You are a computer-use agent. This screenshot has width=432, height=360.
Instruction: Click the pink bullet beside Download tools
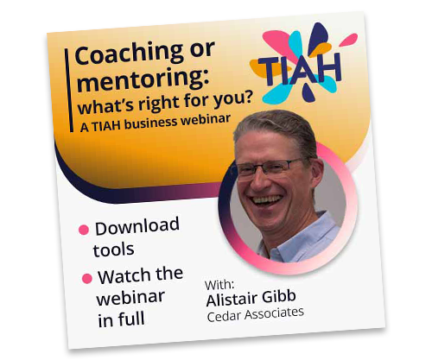tap(84, 231)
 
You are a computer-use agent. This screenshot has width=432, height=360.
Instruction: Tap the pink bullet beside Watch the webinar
tap(86, 279)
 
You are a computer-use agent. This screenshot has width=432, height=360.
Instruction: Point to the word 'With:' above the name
tap(219, 282)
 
